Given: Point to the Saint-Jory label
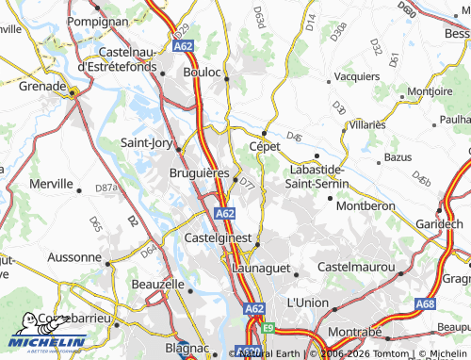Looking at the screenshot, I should [x=146, y=143].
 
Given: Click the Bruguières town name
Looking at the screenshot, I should [x=199, y=174].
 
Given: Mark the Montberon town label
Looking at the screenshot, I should [x=365, y=205].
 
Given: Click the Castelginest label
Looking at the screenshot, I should [x=219, y=238].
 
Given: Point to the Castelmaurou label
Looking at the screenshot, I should [x=357, y=269].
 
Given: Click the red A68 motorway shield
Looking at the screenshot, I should [x=424, y=303].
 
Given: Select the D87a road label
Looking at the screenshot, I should [x=106, y=188].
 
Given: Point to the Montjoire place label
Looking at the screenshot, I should [x=429, y=91].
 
